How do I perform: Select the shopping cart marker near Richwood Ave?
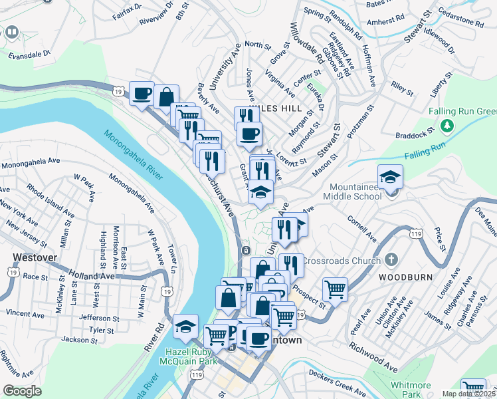tap(335, 289)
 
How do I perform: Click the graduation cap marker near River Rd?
tap(185, 326)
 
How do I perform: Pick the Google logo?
tap(22, 391)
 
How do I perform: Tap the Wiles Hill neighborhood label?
tap(275, 108)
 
